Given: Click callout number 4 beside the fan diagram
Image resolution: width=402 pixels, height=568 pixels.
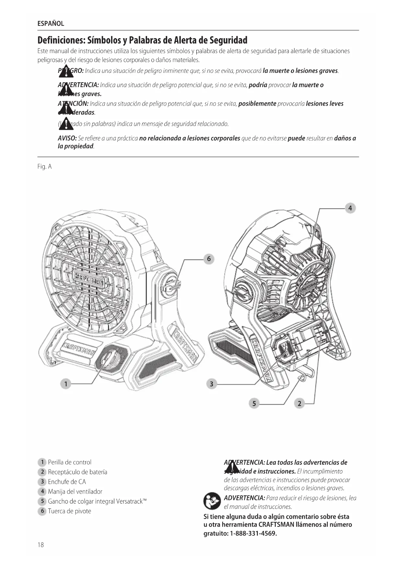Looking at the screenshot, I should (x=350, y=208).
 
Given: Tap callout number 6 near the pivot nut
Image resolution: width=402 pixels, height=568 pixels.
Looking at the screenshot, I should (x=209, y=259).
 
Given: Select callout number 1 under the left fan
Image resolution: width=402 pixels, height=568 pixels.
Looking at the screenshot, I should (x=66, y=384).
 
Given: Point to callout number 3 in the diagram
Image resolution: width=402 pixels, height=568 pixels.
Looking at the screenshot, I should (x=212, y=384).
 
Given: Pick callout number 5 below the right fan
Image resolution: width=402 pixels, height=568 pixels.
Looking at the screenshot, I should (x=254, y=403).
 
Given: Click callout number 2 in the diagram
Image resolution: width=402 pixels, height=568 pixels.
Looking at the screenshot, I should (x=299, y=403).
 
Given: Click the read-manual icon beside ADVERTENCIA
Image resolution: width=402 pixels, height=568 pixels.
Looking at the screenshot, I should (x=212, y=501).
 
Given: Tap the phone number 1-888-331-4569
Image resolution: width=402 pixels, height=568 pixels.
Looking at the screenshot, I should (x=253, y=533).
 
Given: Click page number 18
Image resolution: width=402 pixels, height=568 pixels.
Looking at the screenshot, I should (x=40, y=545).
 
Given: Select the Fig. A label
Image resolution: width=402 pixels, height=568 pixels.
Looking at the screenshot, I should (x=44, y=167).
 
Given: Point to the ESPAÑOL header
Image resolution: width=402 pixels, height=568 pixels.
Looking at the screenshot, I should (x=51, y=24).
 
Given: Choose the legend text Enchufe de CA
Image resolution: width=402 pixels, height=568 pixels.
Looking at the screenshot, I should (x=67, y=482).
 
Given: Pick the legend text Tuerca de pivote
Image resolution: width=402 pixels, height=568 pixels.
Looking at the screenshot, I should (x=69, y=511).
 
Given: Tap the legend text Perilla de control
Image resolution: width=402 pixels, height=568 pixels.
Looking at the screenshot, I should (x=70, y=462).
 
